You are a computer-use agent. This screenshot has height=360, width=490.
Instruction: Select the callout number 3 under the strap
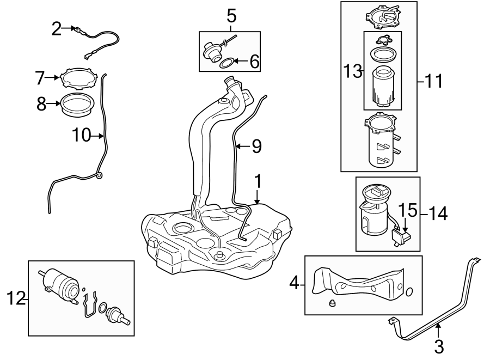(439, 345)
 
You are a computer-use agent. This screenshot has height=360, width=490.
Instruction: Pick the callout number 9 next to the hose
(256, 145)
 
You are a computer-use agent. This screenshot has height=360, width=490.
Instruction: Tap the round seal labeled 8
(76, 103)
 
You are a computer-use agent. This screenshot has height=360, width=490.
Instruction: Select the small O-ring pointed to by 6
(229, 63)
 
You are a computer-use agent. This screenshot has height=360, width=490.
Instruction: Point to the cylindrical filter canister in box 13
(382, 85)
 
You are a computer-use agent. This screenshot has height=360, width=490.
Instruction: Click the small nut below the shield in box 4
(332, 304)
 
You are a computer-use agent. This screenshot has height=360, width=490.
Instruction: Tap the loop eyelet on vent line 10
(99, 175)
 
